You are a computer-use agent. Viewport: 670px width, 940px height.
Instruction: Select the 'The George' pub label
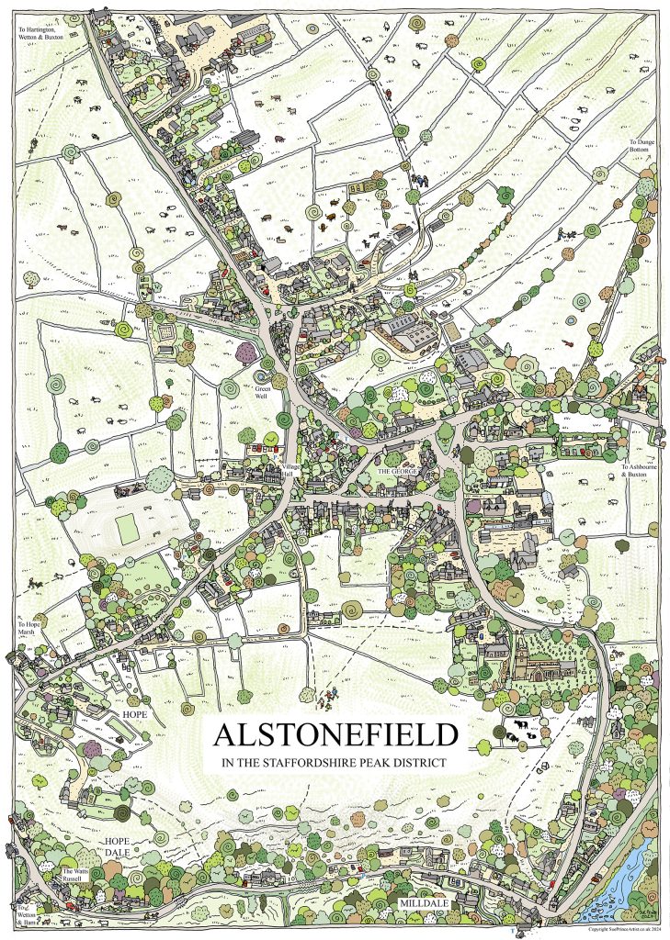coord(398,471)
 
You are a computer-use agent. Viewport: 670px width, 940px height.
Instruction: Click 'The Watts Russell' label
coord(75,875)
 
